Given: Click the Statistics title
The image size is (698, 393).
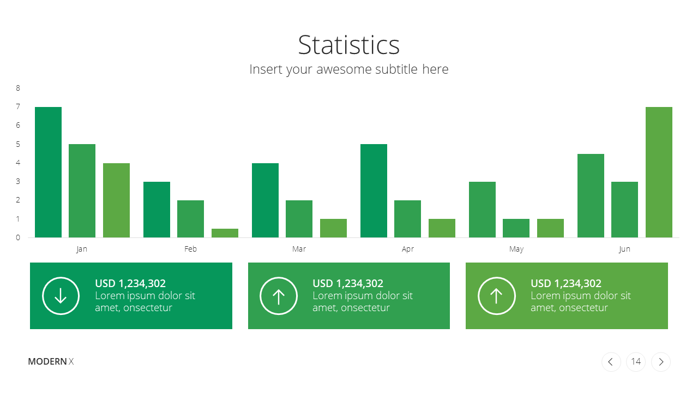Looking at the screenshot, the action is [x=348, y=45].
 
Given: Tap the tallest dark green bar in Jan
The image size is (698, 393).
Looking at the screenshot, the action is [x=49, y=172].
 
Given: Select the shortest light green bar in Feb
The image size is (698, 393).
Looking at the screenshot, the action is [x=225, y=233].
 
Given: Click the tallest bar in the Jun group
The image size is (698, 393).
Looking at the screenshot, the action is [x=659, y=172].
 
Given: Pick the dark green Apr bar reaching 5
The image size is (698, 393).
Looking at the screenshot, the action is [x=374, y=191].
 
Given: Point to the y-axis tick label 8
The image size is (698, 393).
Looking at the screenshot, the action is [x=18, y=88].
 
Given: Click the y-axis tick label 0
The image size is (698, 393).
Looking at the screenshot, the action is [x=18, y=237].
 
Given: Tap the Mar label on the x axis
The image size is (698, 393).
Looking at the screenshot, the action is [x=299, y=249].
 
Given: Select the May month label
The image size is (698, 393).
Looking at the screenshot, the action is [x=516, y=249].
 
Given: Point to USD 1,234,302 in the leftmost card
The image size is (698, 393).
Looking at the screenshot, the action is [x=130, y=283].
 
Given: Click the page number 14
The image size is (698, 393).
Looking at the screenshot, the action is [x=636, y=361].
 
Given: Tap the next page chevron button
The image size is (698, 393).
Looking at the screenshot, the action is [x=660, y=361].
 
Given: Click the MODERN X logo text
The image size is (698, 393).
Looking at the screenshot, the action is [x=51, y=361].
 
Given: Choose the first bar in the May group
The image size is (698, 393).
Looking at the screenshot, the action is [x=482, y=210].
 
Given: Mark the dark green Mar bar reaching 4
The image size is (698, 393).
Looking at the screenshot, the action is [x=265, y=200].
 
